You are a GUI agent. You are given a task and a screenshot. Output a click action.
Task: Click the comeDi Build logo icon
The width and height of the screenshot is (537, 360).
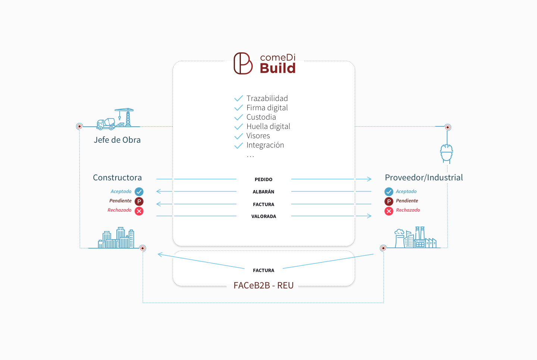coord(243,63)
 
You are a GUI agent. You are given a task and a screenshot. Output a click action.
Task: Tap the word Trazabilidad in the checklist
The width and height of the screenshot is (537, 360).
coord(267,98)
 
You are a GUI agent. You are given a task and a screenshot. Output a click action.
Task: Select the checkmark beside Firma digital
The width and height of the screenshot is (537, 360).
coord(239,108)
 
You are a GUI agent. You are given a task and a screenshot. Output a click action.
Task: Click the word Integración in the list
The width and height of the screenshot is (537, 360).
coord(265,145)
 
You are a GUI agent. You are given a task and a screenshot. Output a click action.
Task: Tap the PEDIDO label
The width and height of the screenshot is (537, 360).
coord(263,179)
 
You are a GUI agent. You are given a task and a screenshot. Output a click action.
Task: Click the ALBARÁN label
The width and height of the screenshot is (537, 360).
coord(263,192)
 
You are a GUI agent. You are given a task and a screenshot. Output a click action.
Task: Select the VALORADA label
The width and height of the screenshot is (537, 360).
coord(264,216)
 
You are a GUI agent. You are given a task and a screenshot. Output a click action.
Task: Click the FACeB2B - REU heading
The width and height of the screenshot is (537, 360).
coord(263,285)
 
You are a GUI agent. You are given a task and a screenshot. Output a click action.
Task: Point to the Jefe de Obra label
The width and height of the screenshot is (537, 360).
coord(117,140)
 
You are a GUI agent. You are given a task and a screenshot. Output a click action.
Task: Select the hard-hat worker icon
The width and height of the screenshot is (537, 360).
coord(446,154)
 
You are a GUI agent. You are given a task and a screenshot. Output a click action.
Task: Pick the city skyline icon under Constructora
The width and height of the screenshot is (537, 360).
coord(116,237)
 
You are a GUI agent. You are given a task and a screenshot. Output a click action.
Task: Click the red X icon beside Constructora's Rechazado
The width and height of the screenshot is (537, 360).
coord(139,211)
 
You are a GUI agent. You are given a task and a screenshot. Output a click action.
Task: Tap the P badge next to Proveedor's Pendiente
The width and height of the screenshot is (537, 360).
coord(389,201)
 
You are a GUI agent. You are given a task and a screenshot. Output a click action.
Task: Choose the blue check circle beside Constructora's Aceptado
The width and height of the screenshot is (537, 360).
coord(139,192)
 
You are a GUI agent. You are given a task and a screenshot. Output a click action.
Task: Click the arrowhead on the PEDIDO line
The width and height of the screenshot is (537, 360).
coord(369,179)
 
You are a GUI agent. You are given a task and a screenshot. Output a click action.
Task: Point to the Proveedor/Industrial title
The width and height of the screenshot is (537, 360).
coord(424,177)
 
